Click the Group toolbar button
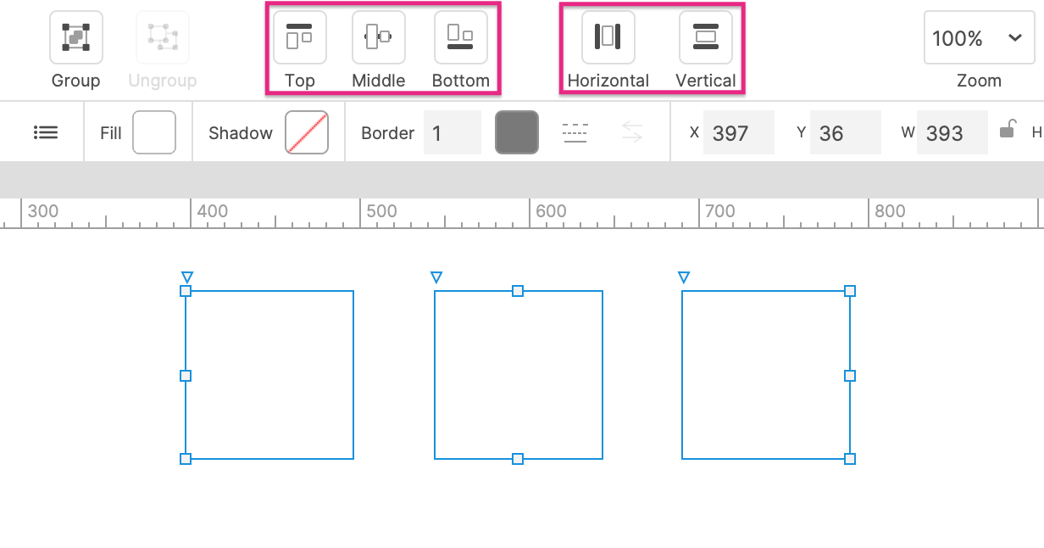click(x=76, y=37)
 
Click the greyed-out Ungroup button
click(x=163, y=37)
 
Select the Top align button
click(x=300, y=37)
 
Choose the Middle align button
click(x=379, y=37)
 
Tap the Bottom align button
click(x=460, y=37)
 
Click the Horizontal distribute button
click(x=608, y=37)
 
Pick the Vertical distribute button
click(x=706, y=37)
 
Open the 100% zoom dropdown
click(x=980, y=37)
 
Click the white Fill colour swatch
click(x=154, y=132)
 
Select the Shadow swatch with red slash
click(x=307, y=132)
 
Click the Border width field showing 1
click(x=453, y=132)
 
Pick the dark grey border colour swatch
click(x=517, y=132)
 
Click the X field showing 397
click(x=739, y=132)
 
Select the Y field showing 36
click(x=846, y=132)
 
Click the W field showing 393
click(x=952, y=132)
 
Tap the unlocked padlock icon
click(x=1008, y=129)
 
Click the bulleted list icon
click(x=46, y=132)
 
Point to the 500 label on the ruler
click(x=381, y=211)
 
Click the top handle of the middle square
click(x=518, y=291)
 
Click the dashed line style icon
click(x=575, y=133)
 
